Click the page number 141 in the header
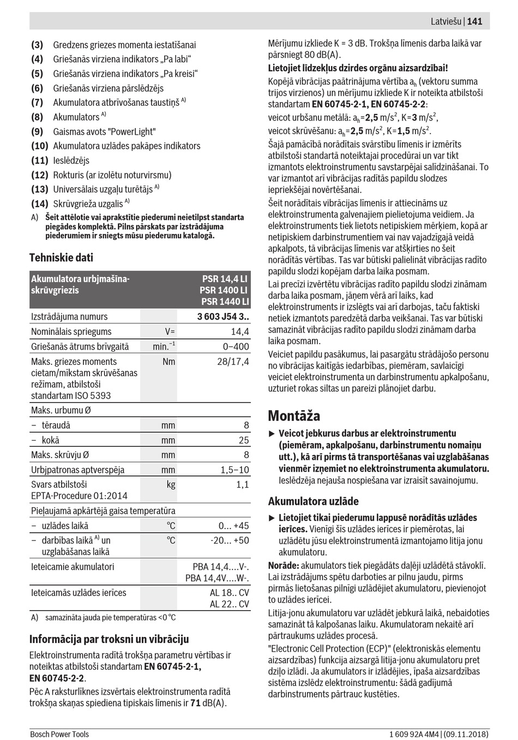pyautogui.click(x=474, y=21)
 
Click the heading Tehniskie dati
pyautogui.click(x=61, y=257)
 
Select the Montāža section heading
pyautogui.click(x=294, y=416)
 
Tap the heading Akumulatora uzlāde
pyautogui.click(x=313, y=501)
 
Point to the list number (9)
pyautogui.click(x=37, y=131)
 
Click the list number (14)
pyautogui.click(x=40, y=203)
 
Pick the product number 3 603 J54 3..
pyautogui.click(x=222, y=316)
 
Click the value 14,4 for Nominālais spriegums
pyautogui.click(x=240, y=332)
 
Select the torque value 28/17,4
pyautogui.click(x=233, y=362)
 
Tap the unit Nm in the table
pyautogui.click(x=169, y=362)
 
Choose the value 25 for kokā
pyautogui.click(x=244, y=440)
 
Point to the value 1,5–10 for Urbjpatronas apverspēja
pyautogui.click(x=234, y=470)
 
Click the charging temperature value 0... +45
pyautogui.click(x=233, y=526)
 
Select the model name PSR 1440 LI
pyautogui.click(x=225, y=302)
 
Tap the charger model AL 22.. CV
pyautogui.click(x=229, y=604)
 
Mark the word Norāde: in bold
pyautogui.click(x=284, y=565)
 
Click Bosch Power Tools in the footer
pyautogui.click(x=59, y=734)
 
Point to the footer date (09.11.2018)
pyautogui.click(x=464, y=734)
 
